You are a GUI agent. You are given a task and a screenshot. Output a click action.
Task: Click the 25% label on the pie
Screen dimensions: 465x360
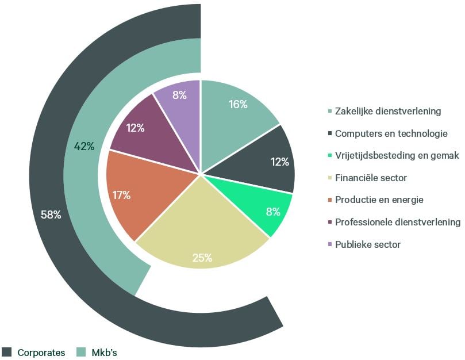[x=202, y=258]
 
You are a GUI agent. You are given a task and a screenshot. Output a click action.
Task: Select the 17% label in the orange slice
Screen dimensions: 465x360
[x=121, y=196]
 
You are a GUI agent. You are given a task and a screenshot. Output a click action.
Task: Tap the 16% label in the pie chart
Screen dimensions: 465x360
[x=238, y=104]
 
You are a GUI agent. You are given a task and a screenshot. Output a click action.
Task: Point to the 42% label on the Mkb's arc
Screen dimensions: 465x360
[x=84, y=146]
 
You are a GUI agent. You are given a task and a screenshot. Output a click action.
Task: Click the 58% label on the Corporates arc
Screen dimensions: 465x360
[x=51, y=215]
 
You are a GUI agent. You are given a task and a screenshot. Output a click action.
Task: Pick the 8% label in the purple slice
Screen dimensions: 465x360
[x=179, y=95]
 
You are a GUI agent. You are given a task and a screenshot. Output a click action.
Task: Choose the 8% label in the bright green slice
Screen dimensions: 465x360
[x=273, y=212]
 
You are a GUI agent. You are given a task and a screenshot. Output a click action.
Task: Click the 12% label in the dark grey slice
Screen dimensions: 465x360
[x=280, y=162]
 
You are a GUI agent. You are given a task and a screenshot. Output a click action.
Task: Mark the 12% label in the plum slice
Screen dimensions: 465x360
[x=135, y=128]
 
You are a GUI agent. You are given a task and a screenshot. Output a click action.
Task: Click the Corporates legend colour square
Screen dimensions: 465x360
[x=6, y=352]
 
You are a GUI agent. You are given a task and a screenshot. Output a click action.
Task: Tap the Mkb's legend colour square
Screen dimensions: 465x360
[x=81, y=352]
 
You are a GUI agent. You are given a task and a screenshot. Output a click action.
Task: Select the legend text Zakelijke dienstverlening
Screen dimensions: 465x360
[x=388, y=111]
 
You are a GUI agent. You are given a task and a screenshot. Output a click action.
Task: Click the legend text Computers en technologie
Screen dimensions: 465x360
[x=391, y=133]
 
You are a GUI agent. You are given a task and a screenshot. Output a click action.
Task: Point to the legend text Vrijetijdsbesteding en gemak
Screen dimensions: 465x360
[x=397, y=155]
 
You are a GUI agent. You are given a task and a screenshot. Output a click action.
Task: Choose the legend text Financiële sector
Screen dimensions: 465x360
[x=371, y=178]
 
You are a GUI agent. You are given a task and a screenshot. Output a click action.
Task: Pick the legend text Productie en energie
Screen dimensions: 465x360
[x=379, y=200]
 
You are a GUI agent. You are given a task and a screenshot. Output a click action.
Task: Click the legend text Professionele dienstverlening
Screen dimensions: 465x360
[x=398, y=222]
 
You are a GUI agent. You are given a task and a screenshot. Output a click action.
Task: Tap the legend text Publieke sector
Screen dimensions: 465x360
[x=368, y=244]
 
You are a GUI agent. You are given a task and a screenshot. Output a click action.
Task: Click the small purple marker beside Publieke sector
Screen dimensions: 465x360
[x=330, y=244]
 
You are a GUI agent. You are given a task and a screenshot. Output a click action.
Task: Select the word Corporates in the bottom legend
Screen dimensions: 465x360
[x=41, y=353]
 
